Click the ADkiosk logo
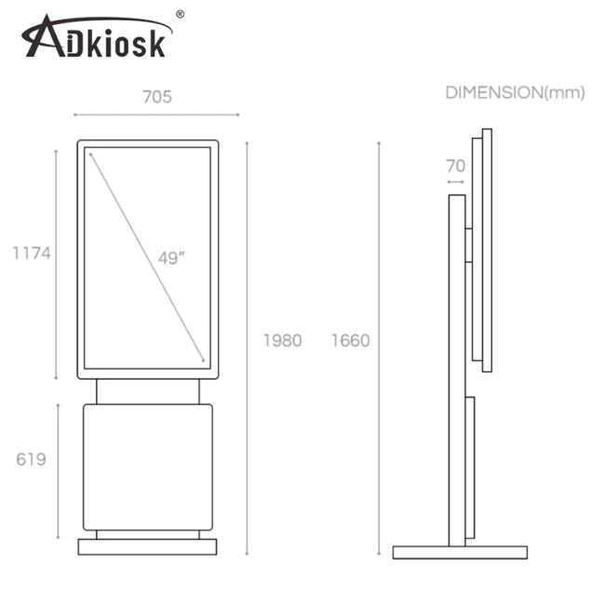tap(96, 38)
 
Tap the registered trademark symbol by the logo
tap(180, 14)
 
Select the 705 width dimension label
tap(156, 96)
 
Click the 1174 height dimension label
tap(30, 252)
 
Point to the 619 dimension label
tap(31, 459)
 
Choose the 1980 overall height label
tap(282, 341)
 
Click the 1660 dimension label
tap(350, 341)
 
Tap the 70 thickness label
tap(455, 166)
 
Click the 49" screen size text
tap(171, 258)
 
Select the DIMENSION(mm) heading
tap(515, 92)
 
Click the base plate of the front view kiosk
tap(147, 546)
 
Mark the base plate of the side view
tap(459, 552)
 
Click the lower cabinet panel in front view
tap(147, 466)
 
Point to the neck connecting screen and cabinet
tap(147, 392)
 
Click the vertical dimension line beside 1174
tap(56, 263)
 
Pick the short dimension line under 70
tap(456, 182)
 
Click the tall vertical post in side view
tap(456, 372)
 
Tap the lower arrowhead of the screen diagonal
tap(202, 358)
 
